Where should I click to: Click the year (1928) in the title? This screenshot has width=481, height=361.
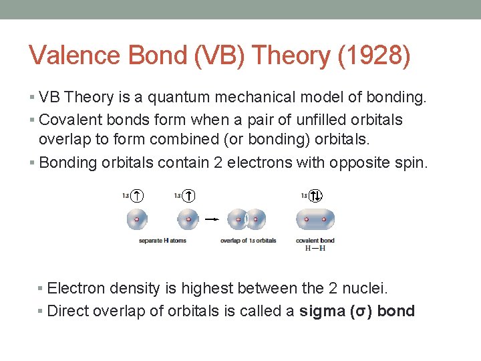[x=374, y=56]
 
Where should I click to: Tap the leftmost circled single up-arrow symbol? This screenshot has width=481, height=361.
[x=137, y=195]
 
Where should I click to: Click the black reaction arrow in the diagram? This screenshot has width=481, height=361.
[x=212, y=219]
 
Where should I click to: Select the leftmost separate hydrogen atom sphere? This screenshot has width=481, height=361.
[x=137, y=219]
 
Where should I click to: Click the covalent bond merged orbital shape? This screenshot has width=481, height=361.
[x=315, y=219]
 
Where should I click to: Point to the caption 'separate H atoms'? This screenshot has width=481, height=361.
[x=162, y=241]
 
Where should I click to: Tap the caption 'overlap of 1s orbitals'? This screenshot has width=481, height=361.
[x=248, y=241]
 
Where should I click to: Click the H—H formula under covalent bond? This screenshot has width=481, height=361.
[x=315, y=248]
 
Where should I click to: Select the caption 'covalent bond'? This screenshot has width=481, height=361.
[x=315, y=241]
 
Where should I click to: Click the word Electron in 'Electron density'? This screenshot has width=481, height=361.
[x=75, y=289]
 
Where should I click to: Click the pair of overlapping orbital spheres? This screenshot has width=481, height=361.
[x=247, y=219]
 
